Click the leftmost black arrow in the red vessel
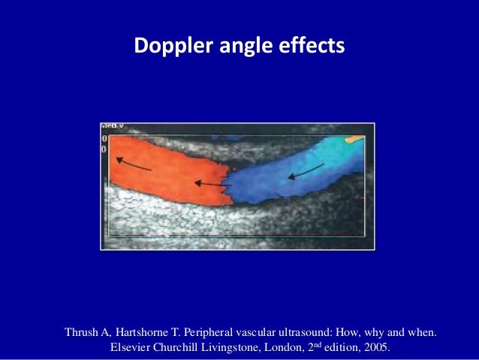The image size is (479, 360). pyautogui.click(x=133, y=164)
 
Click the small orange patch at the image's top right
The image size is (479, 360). pyautogui.click(x=353, y=139)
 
